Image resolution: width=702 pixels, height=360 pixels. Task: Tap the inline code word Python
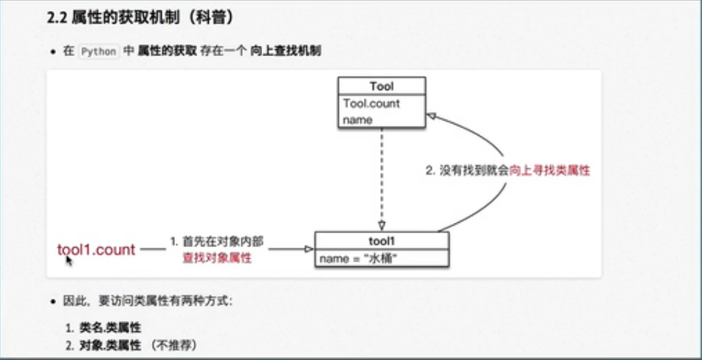[x=97, y=52]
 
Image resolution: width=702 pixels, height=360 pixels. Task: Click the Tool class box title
[x=382, y=87]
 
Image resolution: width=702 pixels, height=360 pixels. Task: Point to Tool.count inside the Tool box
[x=371, y=103]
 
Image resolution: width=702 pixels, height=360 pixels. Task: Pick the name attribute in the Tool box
[x=358, y=120]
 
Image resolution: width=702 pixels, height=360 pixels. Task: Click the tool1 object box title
[x=382, y=241]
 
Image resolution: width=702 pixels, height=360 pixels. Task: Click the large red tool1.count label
[x=97, y=250]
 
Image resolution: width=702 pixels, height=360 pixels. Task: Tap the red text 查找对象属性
[x=217, y=257]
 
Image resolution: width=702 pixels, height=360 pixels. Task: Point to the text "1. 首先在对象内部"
[x=217, y=241]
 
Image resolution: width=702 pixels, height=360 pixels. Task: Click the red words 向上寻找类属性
[x=550, y=170]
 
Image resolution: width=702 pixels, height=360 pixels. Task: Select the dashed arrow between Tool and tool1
[x=382, y=177]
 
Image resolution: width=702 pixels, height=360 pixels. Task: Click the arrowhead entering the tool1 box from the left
[x=309, y=249]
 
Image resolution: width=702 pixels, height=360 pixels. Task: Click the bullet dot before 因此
[x=52, y=302]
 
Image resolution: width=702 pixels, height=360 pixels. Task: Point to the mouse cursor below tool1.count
[x=69, y=260]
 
